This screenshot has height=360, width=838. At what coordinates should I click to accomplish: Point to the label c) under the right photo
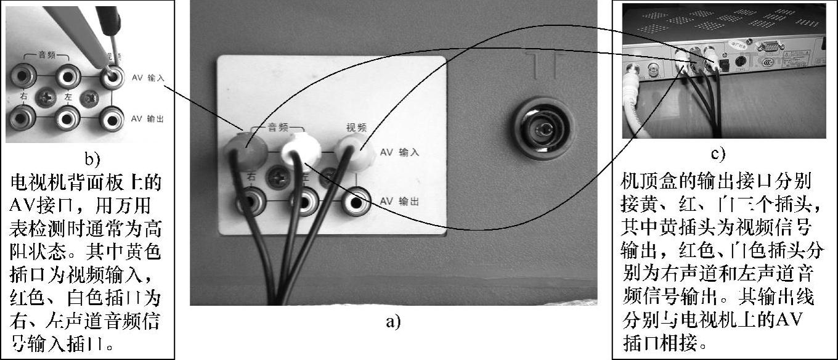coord(719,153)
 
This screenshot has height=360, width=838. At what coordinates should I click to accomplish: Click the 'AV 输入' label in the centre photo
coord(399,152)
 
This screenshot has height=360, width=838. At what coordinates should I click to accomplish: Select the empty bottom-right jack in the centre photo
coord(357,200)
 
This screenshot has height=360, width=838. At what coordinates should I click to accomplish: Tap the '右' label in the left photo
coord(23,96)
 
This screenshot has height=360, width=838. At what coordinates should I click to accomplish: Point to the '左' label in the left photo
coord(69,96)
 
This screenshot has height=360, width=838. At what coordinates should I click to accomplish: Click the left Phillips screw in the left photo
coord(46,97)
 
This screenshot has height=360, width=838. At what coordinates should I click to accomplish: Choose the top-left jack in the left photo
coord(23,76)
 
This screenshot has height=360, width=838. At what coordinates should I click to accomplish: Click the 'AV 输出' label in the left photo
coord(148,118)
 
